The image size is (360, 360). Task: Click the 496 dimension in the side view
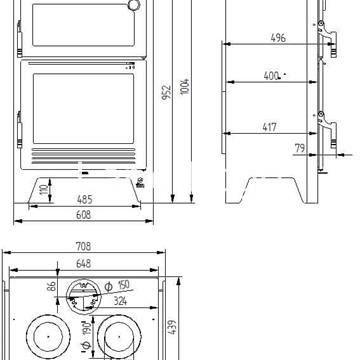click(x=277, y=37)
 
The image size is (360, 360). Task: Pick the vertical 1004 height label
click(x=186, y=85)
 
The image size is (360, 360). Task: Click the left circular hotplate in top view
click(x=47, y=335)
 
